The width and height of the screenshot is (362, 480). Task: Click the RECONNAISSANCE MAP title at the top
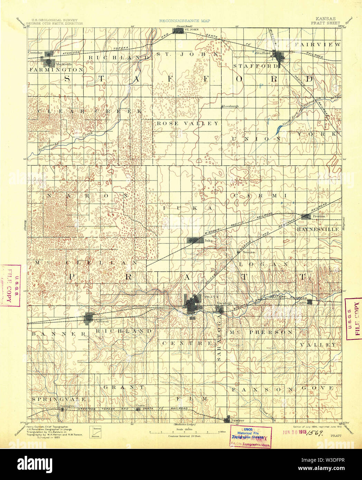click(x=184, y=21)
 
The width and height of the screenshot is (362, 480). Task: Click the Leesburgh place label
click(x=231, y=106)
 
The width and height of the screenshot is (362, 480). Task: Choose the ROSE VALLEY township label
click(x=188, y=123)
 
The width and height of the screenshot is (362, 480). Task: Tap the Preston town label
click(x=319, y=216)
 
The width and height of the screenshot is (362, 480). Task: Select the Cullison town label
click(x=102, y=321)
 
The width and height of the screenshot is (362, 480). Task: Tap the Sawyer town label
click(x=238, y=420)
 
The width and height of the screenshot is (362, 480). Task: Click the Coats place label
click(x=140, y=405)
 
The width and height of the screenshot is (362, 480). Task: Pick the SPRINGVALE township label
click(x=58, y=399)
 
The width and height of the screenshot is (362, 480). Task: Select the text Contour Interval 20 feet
click(x=185, y=436)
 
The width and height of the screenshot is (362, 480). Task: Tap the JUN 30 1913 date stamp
click(x=295, y=432)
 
